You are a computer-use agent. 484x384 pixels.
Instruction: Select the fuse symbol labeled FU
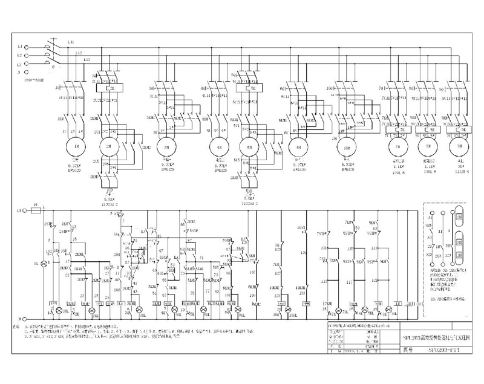pos(36,210)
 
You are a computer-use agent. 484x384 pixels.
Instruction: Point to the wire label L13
pos(87,60)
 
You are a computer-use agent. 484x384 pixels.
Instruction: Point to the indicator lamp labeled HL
pos(43,264)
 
